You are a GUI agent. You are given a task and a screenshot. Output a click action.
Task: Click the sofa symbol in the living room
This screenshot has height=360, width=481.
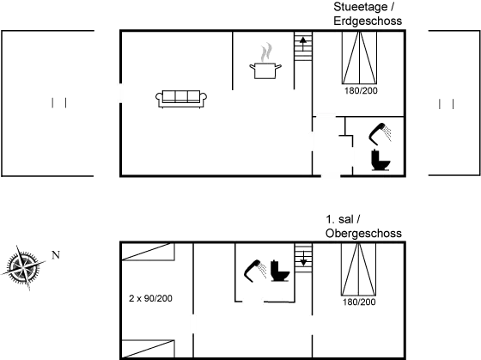(181, 99)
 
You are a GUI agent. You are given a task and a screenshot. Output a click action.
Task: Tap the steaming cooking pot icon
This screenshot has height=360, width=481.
(265, 61)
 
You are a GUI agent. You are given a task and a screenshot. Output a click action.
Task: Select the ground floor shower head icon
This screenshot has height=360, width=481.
(380, 134)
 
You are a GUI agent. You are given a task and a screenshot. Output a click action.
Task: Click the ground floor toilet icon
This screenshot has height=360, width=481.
(381, 160)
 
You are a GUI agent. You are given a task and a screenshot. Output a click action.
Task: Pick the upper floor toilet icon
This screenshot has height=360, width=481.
(280, 271)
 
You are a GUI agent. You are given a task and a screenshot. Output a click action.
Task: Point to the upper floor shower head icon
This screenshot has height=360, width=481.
(255, 271)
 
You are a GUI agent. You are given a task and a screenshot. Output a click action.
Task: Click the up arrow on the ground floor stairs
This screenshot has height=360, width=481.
(303, 44)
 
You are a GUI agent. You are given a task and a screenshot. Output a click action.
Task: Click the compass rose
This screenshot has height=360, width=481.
(23, 267)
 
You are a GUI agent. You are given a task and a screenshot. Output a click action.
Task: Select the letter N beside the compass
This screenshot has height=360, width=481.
(56, 254)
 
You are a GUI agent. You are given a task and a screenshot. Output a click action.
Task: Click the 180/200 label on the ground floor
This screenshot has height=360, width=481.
(361, 90)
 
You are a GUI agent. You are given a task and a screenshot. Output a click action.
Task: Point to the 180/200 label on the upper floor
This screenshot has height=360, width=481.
(359, 302)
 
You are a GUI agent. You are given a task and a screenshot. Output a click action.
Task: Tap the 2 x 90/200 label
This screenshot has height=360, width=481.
(150, 298)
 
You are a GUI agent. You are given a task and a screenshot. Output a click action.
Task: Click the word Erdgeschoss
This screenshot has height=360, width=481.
(368, 21)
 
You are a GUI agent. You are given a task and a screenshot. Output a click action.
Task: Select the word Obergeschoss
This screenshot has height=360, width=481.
(363, 233)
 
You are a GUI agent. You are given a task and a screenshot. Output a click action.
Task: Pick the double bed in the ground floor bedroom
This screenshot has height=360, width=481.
(359, 58)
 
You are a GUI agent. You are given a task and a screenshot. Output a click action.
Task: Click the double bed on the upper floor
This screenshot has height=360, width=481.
(359, 269)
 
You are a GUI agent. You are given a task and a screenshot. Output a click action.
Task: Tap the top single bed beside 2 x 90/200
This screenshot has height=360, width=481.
(148, 252)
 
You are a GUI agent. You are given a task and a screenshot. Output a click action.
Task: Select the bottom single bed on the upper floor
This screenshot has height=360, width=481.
(148, 349)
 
